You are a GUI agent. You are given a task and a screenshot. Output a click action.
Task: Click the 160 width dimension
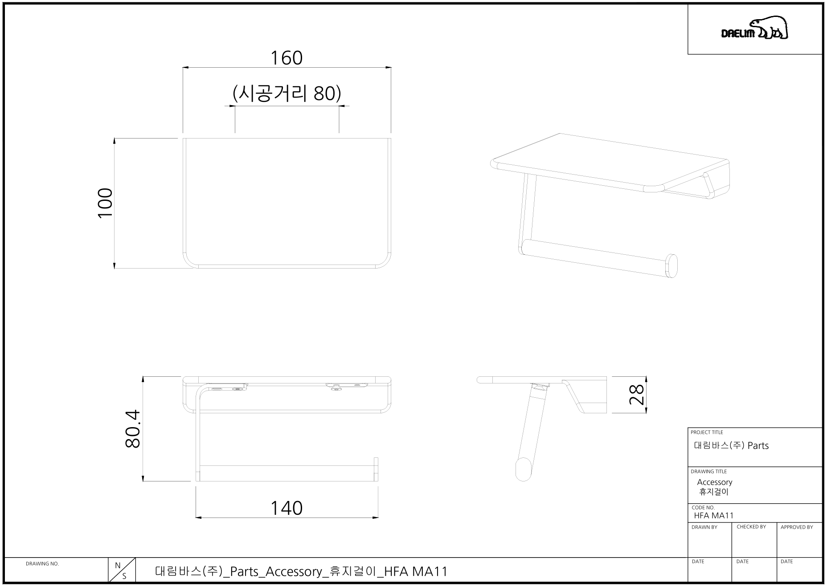(287, 58)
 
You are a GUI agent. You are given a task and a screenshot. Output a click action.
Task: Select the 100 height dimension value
(106, 203)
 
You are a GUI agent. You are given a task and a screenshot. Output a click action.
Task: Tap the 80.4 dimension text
(133, 429)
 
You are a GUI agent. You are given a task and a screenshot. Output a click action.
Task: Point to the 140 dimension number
(287, 508)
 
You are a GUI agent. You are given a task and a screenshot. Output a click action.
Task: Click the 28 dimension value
(636, 395)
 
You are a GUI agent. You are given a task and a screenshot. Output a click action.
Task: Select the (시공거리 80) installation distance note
(287, 94)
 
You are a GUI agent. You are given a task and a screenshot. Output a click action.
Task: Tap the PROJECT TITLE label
(707, 432)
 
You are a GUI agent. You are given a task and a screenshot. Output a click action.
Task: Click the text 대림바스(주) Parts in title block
(731, 446)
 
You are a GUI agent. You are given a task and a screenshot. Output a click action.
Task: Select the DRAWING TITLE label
(708, 472)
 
